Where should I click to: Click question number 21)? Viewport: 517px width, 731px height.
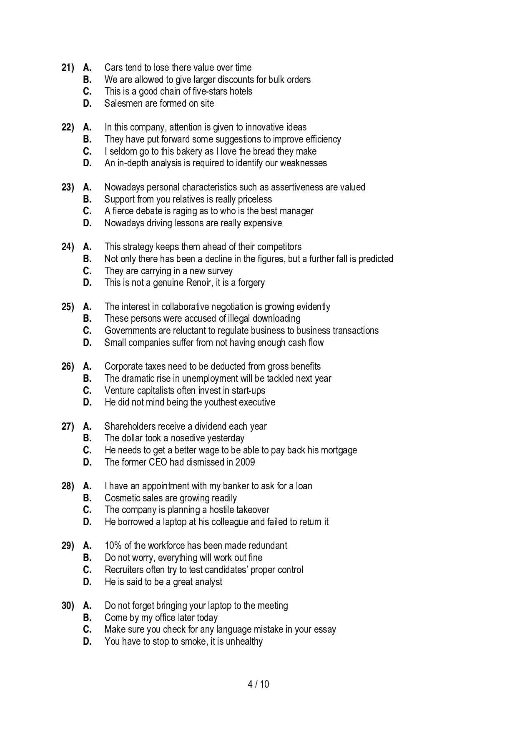68,68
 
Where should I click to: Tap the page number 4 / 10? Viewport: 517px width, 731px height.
258,684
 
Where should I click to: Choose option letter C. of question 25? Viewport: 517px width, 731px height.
87,330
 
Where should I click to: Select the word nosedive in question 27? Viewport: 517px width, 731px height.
188,438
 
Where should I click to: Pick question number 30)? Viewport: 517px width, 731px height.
68,606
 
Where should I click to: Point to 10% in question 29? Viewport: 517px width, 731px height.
113,546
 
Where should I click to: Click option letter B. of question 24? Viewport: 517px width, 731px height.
87,259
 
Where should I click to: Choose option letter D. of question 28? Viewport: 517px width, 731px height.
87,522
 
